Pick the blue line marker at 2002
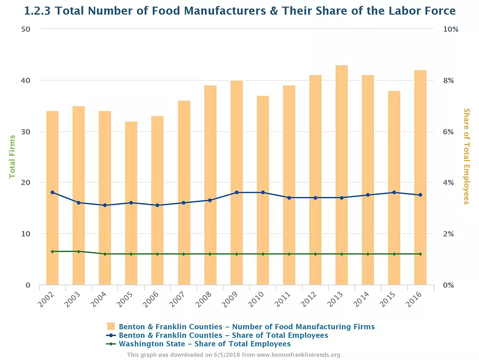coord(52,193)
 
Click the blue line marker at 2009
coord(236,193)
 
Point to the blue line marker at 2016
coord(420,195)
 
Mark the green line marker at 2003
coord(79,252)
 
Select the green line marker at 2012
coord(315,254)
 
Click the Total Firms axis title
coord(12,157)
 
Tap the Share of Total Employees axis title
coord(466,156)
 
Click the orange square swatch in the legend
coord(111,327)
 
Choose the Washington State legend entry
coord(204,344)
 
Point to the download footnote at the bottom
coord(233,355)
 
